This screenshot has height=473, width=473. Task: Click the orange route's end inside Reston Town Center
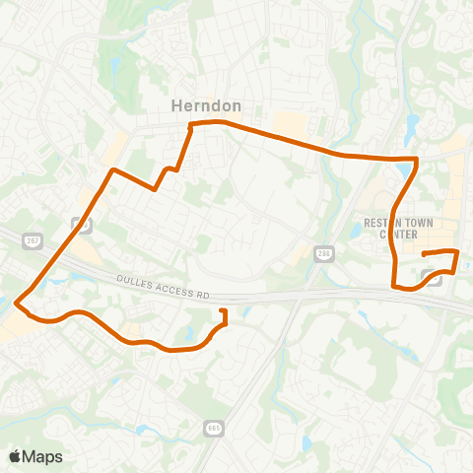pyautogui.click(x=424, y=255)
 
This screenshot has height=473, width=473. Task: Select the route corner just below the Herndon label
pyautogui.click(x=191, y=124)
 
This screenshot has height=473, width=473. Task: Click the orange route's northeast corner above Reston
pyautogui.click(x=418, y=158)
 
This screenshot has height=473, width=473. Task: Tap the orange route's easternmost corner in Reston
pyautogui.click(x=457, y=253)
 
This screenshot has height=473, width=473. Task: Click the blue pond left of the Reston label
pyautogui.click(x=355, y=231)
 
